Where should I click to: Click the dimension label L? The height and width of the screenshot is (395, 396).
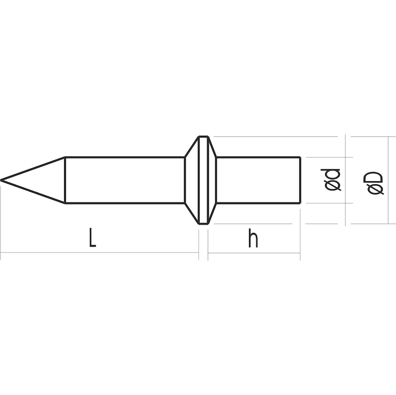click(93, 237)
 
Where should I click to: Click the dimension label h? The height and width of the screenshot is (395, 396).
click(253, 237)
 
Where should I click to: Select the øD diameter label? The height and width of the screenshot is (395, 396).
click(376, 183)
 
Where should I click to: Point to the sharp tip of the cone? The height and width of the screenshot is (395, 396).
click(1, 180)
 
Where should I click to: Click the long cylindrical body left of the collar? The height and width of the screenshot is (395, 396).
click(125, 180)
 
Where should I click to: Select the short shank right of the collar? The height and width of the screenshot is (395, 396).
click(258, 180)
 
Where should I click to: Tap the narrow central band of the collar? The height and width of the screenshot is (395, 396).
click(203, 180)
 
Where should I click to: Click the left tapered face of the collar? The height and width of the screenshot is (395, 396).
click(192, 180)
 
